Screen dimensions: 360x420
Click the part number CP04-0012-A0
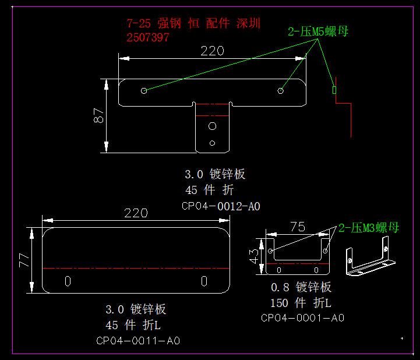click(220, 206)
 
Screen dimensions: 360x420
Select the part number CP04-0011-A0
click(138, 341)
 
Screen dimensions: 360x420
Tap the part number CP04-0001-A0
click(302, 317)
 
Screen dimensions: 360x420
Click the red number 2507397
click(148, 38)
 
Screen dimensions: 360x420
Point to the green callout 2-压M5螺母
click(318, 31)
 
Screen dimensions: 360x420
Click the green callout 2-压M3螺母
click(369, 228)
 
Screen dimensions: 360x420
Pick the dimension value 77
click(24, 260)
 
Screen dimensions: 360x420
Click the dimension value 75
click(297, 227)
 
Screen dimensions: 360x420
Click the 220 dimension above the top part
click(212, 51)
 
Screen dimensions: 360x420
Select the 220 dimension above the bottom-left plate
click(136, 213)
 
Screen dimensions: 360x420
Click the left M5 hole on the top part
click(144, 91)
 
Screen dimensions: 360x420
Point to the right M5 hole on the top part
click(280, 90)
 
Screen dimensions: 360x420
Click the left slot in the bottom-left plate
click(68, 281)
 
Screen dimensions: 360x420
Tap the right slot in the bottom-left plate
click(204, 281)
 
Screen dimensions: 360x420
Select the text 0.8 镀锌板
click(301, 287)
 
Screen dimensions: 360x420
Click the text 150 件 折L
click(301, 303)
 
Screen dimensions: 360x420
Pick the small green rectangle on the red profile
click(334, 90)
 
